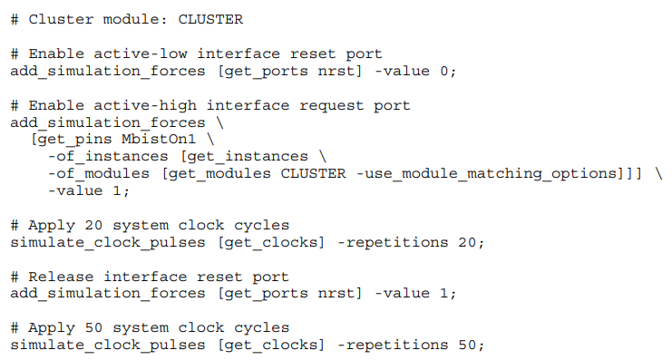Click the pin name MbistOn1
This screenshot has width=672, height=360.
tap(159, 140)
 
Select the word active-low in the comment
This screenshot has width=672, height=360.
tap(141, 54)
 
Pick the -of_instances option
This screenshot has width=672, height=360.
tap(108, 157)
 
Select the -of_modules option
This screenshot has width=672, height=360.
tap(99, 173)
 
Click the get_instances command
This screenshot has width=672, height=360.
tap(248, 157)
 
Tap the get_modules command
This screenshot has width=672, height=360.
tap(219, 174)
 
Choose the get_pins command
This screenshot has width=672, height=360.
tap(75, 140)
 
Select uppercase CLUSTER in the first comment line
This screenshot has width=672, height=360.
tap(210, 20)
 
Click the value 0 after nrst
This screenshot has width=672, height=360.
tap(444, 71)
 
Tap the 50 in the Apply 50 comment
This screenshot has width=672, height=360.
tap(93, 328)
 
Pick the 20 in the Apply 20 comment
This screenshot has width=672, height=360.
tap(93, 226)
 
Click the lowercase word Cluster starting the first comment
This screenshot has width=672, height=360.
tap(61, 20)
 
